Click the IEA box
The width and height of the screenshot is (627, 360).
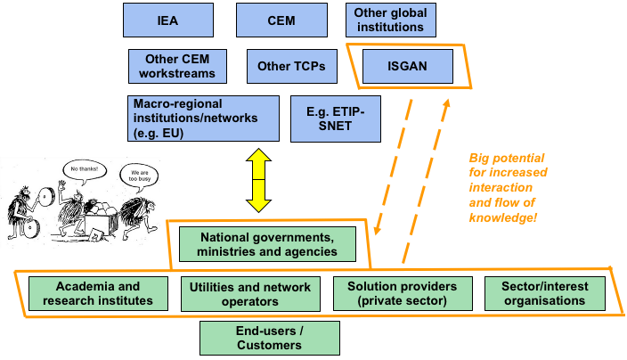point(168,20)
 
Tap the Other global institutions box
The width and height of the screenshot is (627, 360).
point(390,20)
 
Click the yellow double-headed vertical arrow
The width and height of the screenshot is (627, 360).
point(258,179)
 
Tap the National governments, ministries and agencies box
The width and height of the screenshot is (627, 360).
point(267,244)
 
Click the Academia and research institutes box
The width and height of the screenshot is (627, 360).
point(98,293)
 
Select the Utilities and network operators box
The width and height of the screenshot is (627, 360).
point(250,293)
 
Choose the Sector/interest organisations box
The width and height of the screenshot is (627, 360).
point(545,293)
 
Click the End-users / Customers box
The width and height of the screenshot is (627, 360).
point(270,338)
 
